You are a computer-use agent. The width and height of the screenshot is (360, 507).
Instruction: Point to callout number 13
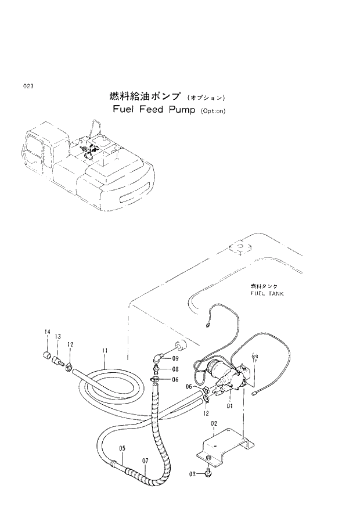tap(58, 337)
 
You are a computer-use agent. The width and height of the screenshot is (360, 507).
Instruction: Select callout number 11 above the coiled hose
tap(105, 351)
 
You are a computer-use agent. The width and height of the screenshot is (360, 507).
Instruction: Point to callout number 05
tap(122, 448)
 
